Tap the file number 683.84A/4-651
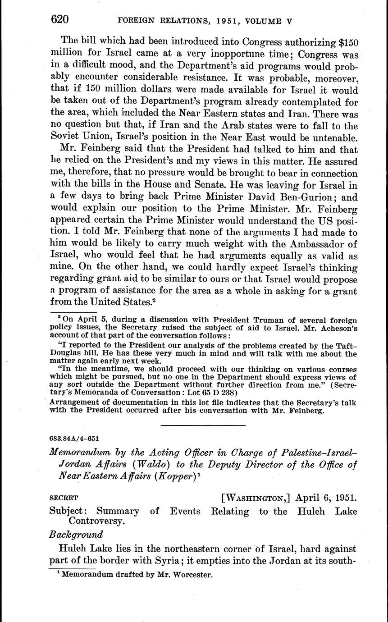(74, 438)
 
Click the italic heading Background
(76, 535)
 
